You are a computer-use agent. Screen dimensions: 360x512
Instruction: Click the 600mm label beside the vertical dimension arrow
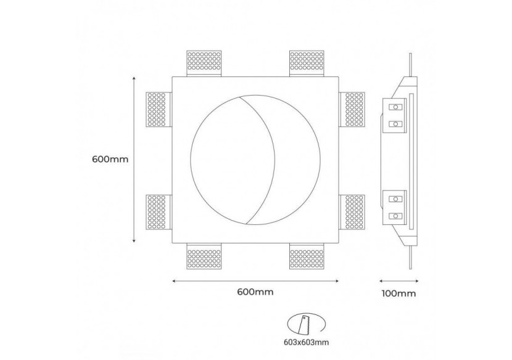pyautogui.click(x=110, y=159)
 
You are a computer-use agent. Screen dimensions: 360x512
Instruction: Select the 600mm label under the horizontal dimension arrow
pyautogui.click(x=255, y=292)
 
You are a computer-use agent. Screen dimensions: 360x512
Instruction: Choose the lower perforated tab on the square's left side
pyautogui.click(x=157, y=211)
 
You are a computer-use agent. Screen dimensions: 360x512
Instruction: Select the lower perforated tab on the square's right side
pyautogui.click(x=354, y=211)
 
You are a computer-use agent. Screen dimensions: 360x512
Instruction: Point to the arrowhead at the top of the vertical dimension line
pyautogui.click(x=135, y=79)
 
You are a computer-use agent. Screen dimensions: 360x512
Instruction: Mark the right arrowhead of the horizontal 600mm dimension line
pyautogui.click(x=337, y=281)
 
